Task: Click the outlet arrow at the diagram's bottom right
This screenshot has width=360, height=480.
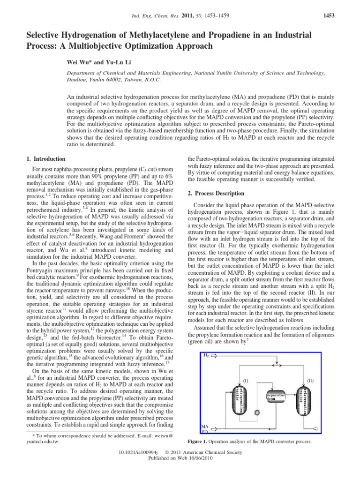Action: point(316,428)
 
